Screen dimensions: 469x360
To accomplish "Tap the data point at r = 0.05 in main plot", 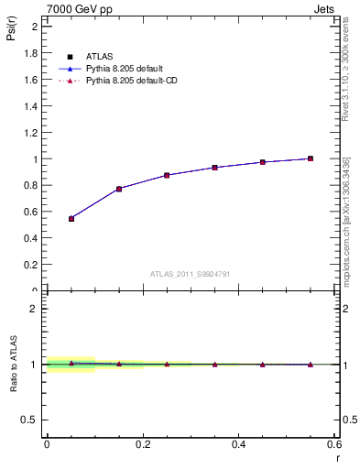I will (71, 218).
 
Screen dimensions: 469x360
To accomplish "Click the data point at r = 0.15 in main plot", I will (119, 189).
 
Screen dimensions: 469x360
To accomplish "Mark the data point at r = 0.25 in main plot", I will (167, 175).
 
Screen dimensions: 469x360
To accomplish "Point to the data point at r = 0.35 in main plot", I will (214, 168).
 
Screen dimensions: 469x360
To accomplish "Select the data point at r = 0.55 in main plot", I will (311, 158).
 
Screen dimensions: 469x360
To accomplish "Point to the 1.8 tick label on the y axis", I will (30, 53).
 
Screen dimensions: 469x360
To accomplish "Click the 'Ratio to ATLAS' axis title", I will (15, 364).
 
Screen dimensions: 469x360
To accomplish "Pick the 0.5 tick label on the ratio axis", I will (30, 420).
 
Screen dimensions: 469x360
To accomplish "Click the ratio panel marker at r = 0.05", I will (71, 363).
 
